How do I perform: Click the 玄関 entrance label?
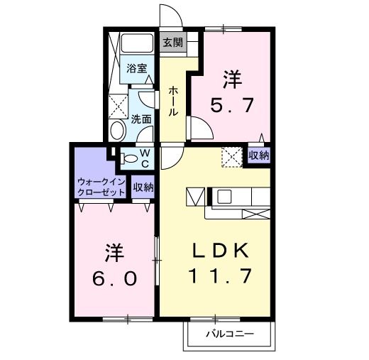172,43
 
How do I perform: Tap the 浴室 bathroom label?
137,69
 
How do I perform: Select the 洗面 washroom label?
141,119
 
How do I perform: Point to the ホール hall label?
173,101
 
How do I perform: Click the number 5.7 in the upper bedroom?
232,107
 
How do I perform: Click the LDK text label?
219,250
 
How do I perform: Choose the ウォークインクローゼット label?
101,186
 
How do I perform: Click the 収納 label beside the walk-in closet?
143,187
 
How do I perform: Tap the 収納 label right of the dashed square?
258,155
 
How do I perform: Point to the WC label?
144,158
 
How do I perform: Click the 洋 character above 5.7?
231,77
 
